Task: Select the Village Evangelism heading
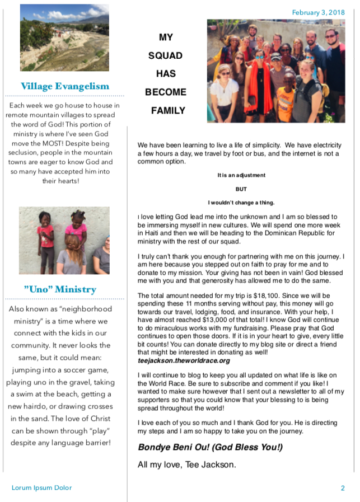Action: click(64, 86)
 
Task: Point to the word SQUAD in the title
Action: click(166, 56)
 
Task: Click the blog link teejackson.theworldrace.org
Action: click(184, 361)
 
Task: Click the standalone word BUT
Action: click(241, 189)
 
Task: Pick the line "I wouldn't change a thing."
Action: click(241, 203)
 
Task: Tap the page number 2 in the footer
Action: click(343, 488)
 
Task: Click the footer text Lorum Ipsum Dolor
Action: click(41, 488)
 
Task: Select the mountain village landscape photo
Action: click(64, 37)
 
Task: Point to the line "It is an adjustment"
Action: click(241, 176)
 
